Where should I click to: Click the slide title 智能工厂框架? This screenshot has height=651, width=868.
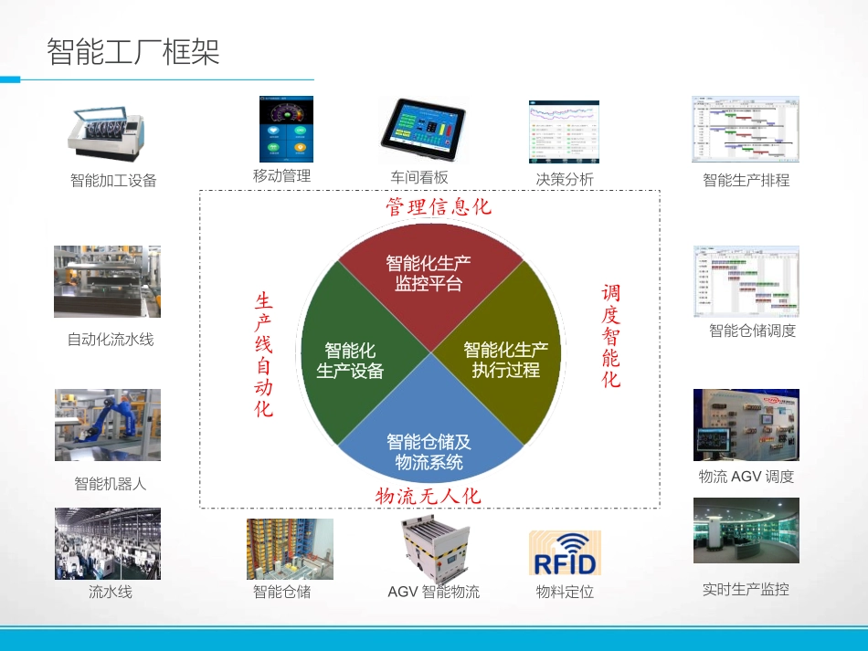coord(133,52)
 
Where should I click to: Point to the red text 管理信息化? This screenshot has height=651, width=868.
coord(439,206)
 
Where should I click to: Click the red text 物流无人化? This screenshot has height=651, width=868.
coord(429,496)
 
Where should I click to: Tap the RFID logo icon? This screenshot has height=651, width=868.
coord(565,553)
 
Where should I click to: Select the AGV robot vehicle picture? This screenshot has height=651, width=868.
coord(433,548)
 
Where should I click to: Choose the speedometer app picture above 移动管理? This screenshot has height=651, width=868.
coord(286,130)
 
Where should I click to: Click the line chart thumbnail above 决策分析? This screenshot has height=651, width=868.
coord(564,132)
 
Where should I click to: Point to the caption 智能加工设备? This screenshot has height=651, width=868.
coord(113,181)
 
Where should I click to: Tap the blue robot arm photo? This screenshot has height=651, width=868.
coord(107,425)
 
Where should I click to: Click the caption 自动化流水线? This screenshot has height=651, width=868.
coord(111,340)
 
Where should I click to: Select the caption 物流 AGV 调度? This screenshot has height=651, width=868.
coord(746,476)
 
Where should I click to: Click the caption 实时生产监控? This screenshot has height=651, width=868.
coord(746,589)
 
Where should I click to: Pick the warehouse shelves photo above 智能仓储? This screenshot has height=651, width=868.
coord(290,549)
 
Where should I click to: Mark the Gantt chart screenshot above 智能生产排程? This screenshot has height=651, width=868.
coord(745,130)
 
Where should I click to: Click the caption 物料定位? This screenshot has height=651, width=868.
coord(565,592)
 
